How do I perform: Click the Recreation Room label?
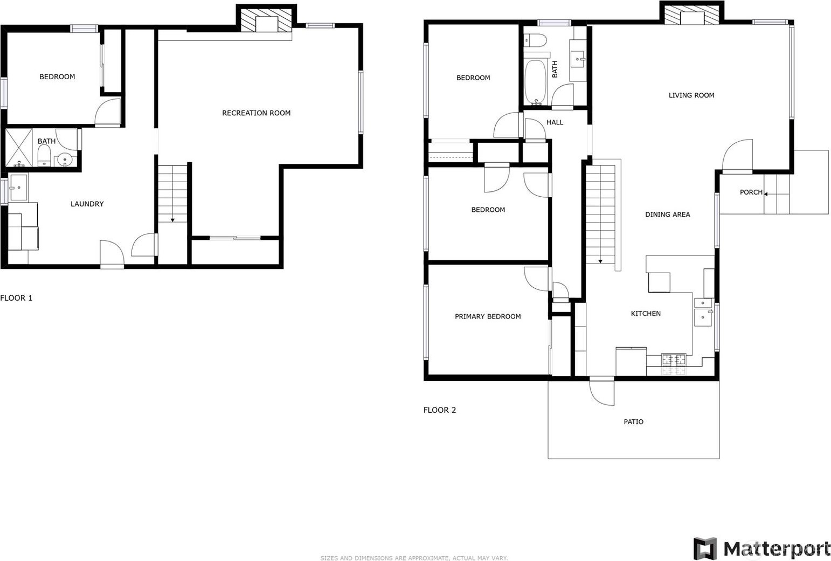tap(256, 113)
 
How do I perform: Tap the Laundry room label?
tap(87, 204)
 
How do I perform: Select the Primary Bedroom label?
tap(488, 316)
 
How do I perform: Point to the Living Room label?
tap(691, 95)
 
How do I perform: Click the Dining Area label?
tap(668, 214)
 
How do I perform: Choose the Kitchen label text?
tap(646, 314)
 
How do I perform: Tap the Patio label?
tap(634, 421)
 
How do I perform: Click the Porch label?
tap(751, 192)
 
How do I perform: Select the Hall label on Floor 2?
tap(555, 122)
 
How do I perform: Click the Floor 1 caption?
tap(16, 298)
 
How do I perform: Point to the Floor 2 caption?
tap(440, 410)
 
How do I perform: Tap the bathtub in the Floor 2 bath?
tap(535, 82)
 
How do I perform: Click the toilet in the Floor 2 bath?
tap(535, 40)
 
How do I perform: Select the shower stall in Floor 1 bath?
tap(18, 148)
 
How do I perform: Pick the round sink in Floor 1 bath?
tap(65, 160)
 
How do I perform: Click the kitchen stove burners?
tap(674, 359)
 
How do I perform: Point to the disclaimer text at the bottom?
tap(414, 558)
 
